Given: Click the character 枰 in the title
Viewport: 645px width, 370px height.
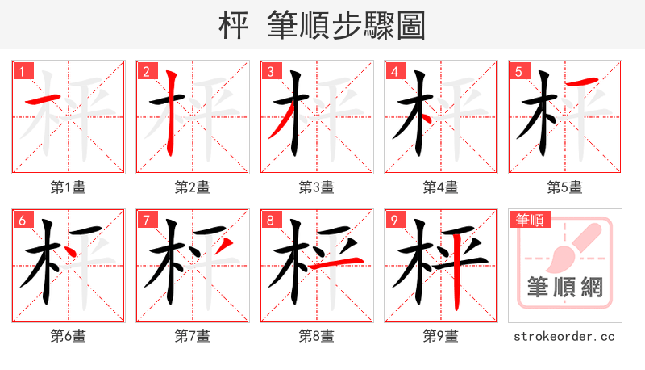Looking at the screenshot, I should [235, 26].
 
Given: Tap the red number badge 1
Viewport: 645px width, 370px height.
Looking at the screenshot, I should [22, 72].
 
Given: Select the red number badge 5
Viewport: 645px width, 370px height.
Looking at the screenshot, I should [518, 72].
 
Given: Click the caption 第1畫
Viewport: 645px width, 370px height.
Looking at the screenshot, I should [68, 187].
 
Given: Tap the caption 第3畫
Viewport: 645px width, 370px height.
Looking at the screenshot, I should [316, 187].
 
